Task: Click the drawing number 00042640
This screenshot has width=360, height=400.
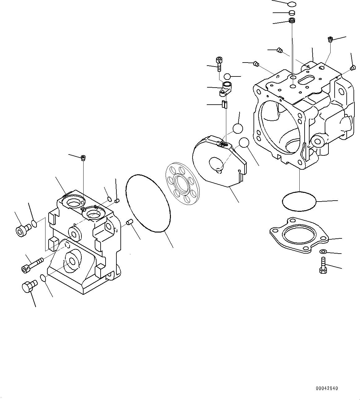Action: coord(327,388)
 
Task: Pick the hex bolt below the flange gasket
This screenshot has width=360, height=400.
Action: coord(323,266)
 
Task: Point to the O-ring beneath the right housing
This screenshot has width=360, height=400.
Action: coord(299,201)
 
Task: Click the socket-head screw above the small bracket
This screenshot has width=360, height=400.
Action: coord(219,63)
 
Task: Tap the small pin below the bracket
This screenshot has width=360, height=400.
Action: coord(225,104)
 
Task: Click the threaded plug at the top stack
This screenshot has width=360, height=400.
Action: coord(291,21)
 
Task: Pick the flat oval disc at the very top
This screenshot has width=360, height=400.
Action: coord(291,4)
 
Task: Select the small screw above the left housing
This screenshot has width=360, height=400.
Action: coord(83,159)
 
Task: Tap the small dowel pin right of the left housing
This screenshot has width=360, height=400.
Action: coord(130,222)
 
